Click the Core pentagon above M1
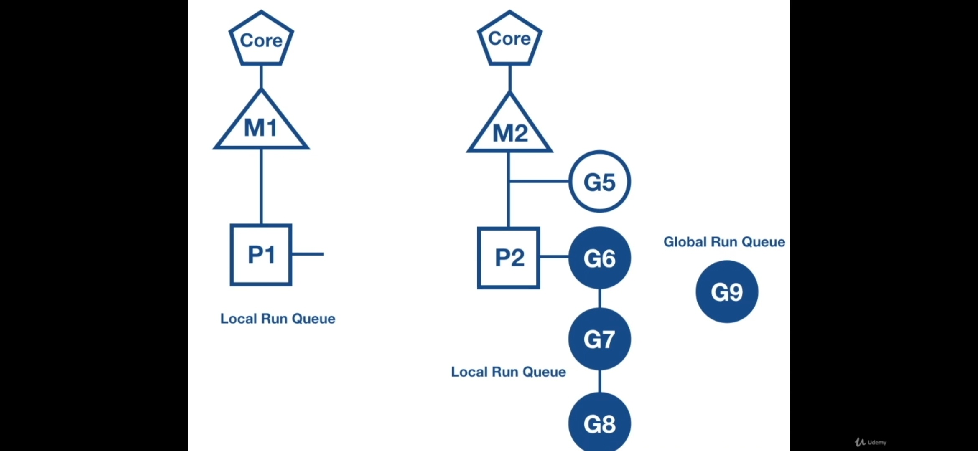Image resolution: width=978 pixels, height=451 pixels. [x=261, y=39]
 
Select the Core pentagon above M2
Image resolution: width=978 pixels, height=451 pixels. [x=509, y=38]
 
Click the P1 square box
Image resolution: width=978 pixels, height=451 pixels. [x=261, y=255]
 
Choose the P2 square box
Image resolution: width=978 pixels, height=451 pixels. [x=509, y=258]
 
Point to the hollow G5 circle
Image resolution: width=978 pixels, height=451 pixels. [x=599, y=182]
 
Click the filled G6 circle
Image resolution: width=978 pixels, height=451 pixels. [x=599, y=258]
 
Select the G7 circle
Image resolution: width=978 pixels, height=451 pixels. [x=599, y=339]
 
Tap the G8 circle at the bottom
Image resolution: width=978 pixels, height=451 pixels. [x=599, y=423]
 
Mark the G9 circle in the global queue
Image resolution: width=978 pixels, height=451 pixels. [x=727, y=291]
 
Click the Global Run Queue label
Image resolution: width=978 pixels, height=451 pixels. [x=724, y=242]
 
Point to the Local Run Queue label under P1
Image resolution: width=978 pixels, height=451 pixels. [x=278, y=319]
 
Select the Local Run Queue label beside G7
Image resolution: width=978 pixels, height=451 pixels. [x=508, y=372]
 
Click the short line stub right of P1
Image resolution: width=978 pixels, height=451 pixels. [x=308, y=254]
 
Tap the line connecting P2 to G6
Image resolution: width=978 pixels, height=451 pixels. [x=554, y=256]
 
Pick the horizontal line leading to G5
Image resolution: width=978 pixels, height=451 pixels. [x=539, y=181]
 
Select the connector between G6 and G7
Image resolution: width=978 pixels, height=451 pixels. [x=600, y=298]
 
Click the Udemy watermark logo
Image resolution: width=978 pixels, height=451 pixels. [x=871, y=442]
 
